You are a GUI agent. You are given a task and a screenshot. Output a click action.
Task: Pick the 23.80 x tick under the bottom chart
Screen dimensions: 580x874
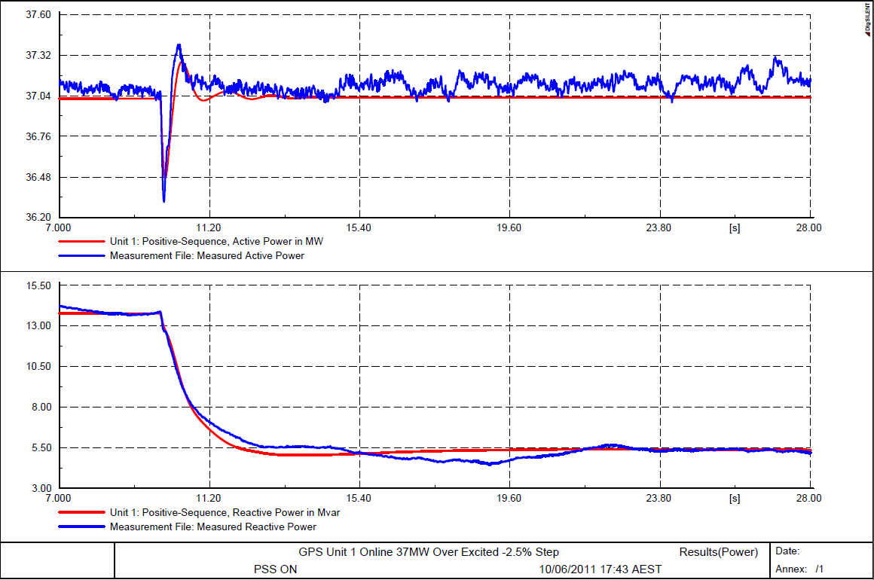tap(659, 499)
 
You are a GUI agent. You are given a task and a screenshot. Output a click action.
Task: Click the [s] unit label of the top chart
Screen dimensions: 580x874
tap(734, 227)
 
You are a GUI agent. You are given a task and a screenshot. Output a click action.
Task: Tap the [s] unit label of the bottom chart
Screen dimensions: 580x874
tap(734, 499)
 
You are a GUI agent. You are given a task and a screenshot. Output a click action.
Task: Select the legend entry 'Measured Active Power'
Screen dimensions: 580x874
tap(207, 255)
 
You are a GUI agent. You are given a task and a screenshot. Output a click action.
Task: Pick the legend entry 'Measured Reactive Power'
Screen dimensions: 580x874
tap(213, 527)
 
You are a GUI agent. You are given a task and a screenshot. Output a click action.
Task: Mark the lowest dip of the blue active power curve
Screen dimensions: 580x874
tap(163, 201)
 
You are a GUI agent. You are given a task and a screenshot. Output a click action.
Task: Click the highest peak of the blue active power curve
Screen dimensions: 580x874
tap(179, 44)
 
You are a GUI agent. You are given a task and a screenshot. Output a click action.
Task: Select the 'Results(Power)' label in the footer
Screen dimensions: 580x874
tap(719, 552)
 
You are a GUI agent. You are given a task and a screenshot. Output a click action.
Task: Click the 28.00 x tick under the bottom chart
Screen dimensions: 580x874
tap(809, 499)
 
